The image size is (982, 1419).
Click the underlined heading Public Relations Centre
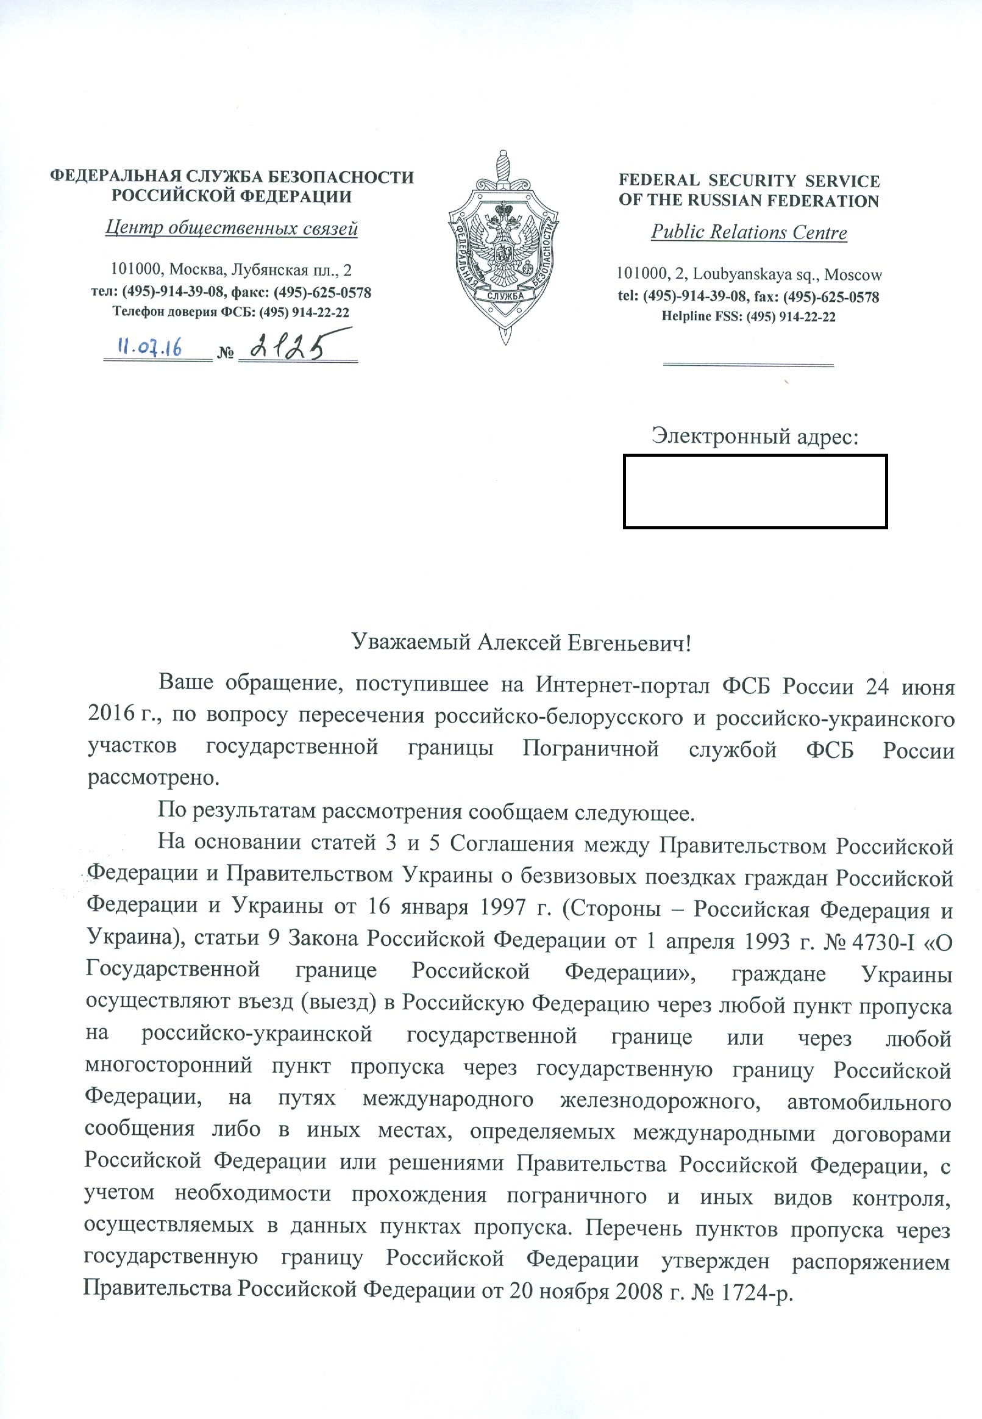pyautogui.click(x=749, y=232)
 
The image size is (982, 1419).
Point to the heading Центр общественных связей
pyautogui.click(x=232, y=228)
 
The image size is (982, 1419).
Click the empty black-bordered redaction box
pyautogui.click(x=755, y=491)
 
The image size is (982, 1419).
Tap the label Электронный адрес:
pyautogui.click(x=755, y=436)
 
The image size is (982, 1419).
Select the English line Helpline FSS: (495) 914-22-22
pyautogui.click(x=748, y=317)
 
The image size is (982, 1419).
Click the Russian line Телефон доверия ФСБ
pyautogui.click(x=231, y=312)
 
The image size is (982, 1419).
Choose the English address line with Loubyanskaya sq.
pyautogui.click(x=749, y=274)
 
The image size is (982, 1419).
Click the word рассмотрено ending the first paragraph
pyautogui.click(x=153, y=778)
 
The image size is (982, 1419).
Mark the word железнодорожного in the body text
pyautogui.click(x=660, y=1099)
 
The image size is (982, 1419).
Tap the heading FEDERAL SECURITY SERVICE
pyautogui.click(x=749, y=181)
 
